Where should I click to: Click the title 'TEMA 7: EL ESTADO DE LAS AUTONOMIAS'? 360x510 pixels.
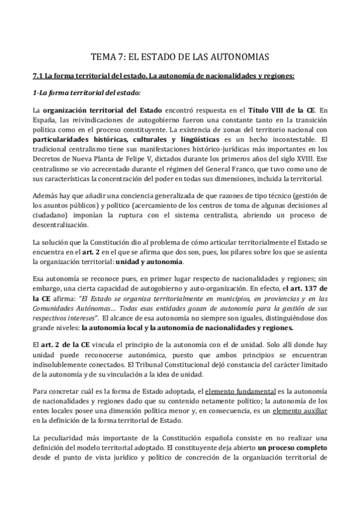[180, 57]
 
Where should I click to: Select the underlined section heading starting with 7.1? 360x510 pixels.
[171, 76]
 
